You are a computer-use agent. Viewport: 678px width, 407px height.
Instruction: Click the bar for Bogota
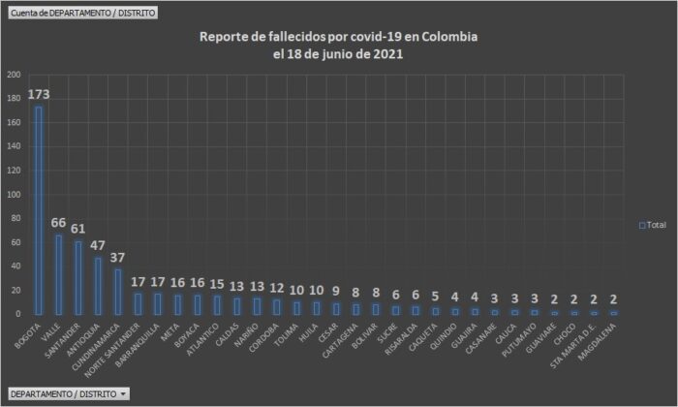(39, 210)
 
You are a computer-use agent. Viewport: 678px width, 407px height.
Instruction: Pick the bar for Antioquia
(97, 286)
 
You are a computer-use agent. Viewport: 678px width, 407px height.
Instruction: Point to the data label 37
(116, 258)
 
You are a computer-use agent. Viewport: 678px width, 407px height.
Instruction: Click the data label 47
(97, 246)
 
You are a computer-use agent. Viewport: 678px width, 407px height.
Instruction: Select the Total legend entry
(653, 225)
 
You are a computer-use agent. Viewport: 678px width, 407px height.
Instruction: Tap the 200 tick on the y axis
(14, 75)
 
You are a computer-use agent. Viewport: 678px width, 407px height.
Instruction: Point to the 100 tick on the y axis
(14, 194)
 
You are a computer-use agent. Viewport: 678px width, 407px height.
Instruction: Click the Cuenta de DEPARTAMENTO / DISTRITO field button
(80, 14)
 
